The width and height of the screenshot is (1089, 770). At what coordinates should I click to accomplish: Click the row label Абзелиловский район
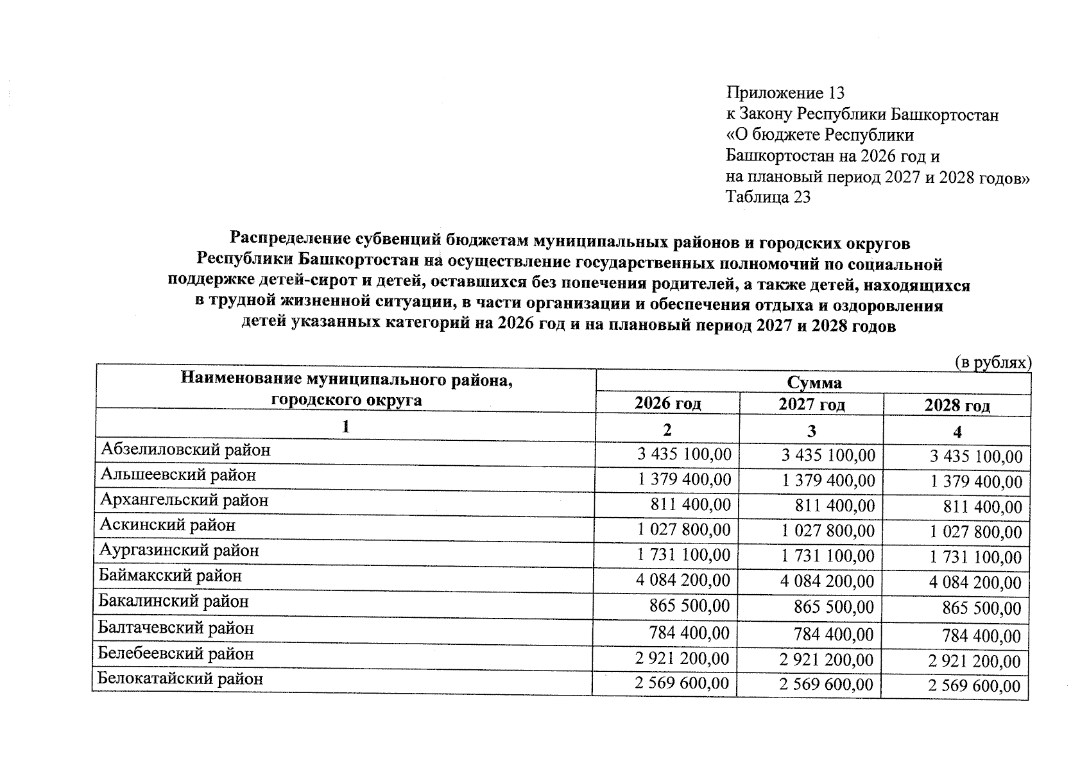click(185, 450)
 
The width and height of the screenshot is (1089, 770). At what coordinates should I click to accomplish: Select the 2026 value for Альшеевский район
click(683, 480)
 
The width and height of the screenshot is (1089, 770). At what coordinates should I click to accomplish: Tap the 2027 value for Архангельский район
click(834, 506)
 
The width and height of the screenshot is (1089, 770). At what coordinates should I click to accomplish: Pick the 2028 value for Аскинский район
click(976, 533)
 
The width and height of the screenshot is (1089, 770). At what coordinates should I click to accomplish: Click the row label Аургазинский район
click(179, 551)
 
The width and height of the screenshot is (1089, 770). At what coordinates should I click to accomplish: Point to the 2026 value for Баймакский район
click(682, 581)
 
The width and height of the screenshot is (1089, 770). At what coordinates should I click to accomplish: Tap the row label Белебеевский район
click(176, 654)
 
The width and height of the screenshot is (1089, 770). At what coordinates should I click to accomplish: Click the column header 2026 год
click(667, 404)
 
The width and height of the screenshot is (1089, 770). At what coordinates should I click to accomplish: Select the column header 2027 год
click(811, 405)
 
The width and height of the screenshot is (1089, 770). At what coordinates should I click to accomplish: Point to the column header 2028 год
click(957, 406)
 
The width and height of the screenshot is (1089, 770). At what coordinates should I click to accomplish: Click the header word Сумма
click(814, 383)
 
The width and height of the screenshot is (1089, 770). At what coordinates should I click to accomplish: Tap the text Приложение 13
click(785, 94)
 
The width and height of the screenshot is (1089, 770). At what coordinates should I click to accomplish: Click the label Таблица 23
click(767, 197)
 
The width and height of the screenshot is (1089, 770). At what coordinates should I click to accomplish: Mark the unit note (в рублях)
click(993, 363)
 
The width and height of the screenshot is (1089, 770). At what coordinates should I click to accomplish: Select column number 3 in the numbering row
click(811, 431)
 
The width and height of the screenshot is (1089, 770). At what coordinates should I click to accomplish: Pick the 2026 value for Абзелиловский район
click(684, 455)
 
